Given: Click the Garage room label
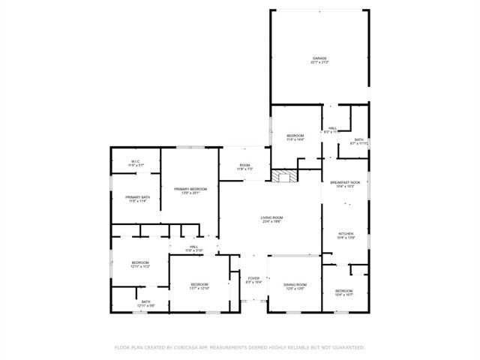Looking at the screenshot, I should click(x=319, y=60).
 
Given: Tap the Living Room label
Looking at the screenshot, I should click(x=271, y=219).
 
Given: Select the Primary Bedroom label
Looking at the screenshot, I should click(x=190, y=190).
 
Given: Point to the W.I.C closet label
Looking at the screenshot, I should click(x=135, y=163).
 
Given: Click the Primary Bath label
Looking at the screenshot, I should click(x=136, y=199).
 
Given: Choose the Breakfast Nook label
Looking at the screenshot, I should click(x=345, y=184).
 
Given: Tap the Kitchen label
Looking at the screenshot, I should click(x=345, y=235).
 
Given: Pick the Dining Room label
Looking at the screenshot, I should click(x=295, y=286).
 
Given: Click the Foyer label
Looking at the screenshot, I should click(x=253, y=280).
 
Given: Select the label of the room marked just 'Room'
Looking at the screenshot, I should click(x=244, y=167).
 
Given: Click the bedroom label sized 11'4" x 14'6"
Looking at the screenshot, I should click(x=295, y=137).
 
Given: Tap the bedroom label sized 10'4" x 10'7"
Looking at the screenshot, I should click(x=343, y=292).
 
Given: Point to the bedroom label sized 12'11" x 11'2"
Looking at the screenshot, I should click(x=141, y=264).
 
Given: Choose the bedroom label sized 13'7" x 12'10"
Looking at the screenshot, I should click(x=199, y=286).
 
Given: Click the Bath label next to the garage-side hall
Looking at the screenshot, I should click(x=358, y=141).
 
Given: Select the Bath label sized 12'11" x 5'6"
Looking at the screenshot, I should click(x=145, y=304).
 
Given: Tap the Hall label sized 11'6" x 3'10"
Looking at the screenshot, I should click(x=193, y=248).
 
